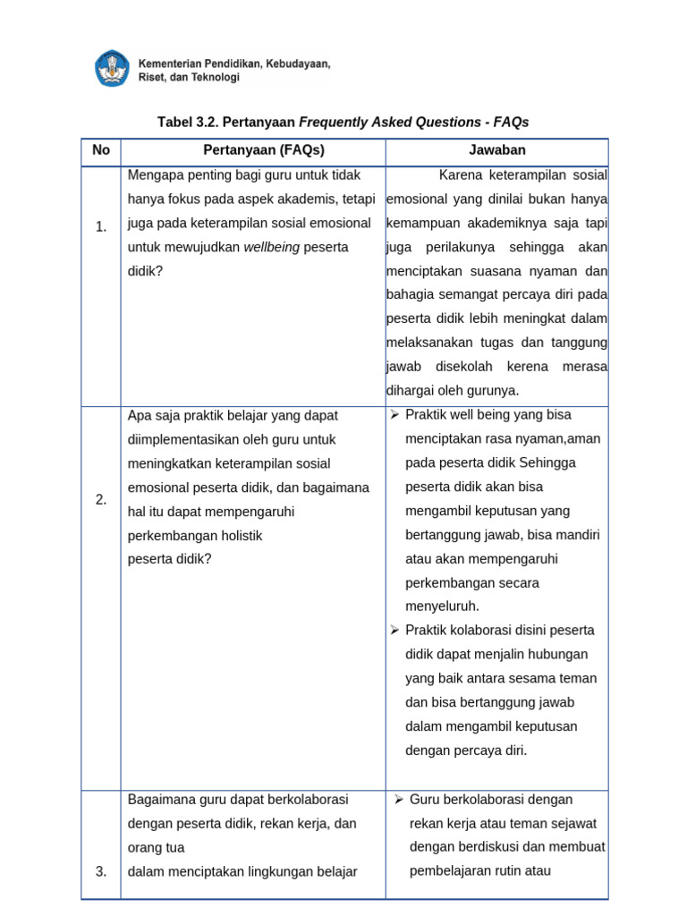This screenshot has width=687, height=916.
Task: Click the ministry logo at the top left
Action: pyautogui.click(x=113, y=69)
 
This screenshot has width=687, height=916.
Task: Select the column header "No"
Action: pyautogui.click(x=101, y=150)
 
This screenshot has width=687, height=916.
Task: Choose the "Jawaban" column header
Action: pyautogui.click(x=497, y=150)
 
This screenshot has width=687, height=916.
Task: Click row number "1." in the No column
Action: pyautogui.click(x=101, y=227)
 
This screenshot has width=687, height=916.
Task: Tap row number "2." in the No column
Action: pyautogui.click(x=101, y=499)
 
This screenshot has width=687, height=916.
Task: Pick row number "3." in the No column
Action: pyautogui.click(x=101, y=870)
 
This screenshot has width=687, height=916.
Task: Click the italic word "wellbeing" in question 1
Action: pyautogui.click(x=272, y=247)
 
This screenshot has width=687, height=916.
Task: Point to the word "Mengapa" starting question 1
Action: pyautogui.click(x=153, y=174)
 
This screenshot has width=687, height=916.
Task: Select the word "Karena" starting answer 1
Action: pyautogui.click(x=460, y=174)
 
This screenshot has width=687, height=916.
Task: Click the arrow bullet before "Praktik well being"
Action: pyautogui.click(x=394, y=415)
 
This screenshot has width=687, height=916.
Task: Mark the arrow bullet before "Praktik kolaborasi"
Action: pyautogui.click(x=394, y=631)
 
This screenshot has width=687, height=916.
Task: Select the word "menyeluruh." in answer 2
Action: pyautogui.click(x=442, y=606)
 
